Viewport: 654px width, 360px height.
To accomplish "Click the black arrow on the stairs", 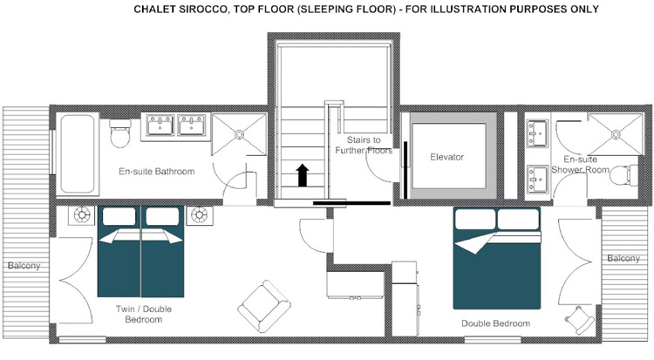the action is pyautogui.click(x=303, y=175).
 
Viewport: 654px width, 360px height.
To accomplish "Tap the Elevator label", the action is pyautogui.click(x=446, y=157).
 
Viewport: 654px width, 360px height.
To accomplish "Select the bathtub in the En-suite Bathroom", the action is pyautogui.click(x=77, y=154).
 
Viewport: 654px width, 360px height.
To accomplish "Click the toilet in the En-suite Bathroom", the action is pyautogui.click(x=120, y=133).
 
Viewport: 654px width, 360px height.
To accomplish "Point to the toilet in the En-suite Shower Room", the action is pyautogui.click(x=623, y=175).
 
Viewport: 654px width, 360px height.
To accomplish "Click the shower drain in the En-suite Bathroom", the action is pyautogui.click(x=240, y=135).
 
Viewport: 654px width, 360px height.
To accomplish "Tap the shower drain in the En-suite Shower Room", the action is pyautogui.click(x=616, y=134).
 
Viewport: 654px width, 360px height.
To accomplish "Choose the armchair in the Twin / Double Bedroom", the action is pyautogui.click(x=264, y=306).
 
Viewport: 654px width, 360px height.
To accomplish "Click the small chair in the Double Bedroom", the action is pyautogui.click(x=580, y=320).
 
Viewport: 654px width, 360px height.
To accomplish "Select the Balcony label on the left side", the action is pyautogui.click(x=24, y=266).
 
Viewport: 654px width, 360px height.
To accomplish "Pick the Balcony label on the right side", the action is pyautogui.click(x=623, y=259).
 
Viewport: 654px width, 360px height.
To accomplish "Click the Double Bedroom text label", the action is pyautogui.click(x=495, y=323).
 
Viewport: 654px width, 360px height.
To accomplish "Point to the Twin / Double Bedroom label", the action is pyautogui.click(x=144, y=314).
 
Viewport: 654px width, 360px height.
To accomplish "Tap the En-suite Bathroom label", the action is pyautogui.click(x=156, y=172).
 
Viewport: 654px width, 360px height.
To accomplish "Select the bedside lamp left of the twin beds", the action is pyautogui.click(x=81, y=215).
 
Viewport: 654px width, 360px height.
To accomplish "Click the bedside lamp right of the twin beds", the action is pyautogui.click(x=200, y=215).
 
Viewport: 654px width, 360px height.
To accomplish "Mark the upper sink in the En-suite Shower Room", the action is pyautogui.click(x=537, y=133).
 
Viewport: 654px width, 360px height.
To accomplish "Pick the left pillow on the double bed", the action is pyautogui.click(x=475, y=219).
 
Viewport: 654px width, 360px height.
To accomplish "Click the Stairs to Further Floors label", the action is pyautogui.click(x=364, y=146).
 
